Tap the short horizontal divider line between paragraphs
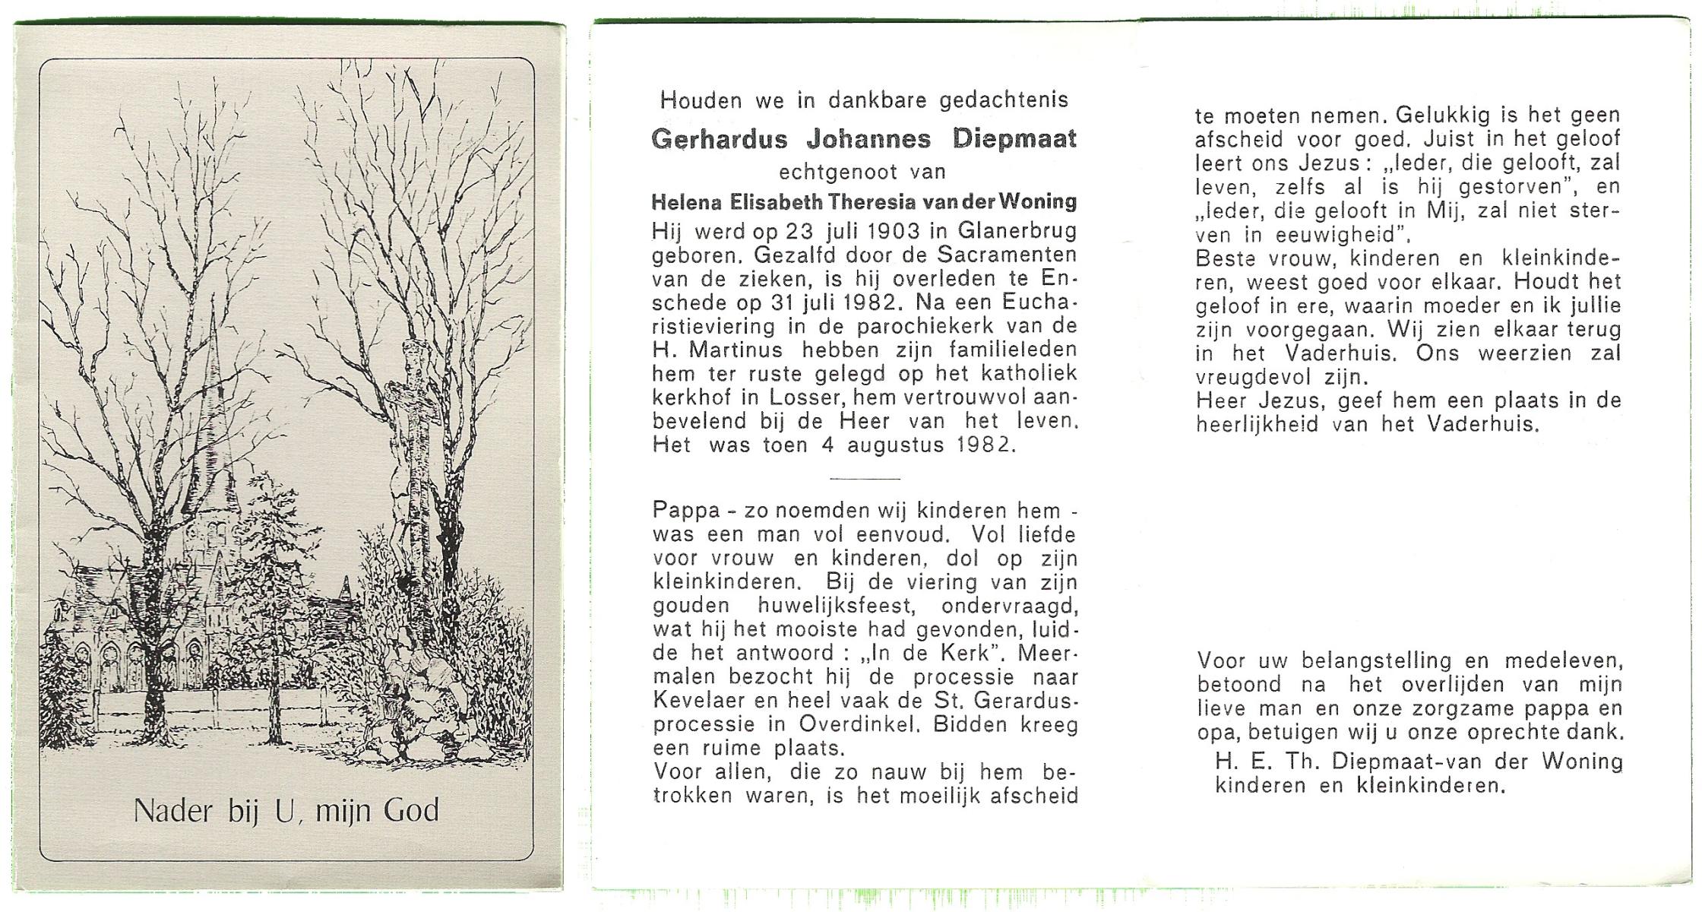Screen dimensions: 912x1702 tap(865, 479)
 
